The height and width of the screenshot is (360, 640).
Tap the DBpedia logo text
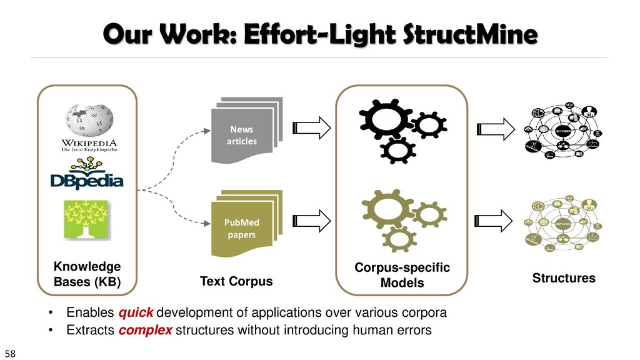tap(87, 181)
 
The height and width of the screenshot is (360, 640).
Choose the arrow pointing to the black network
tap(495, 129)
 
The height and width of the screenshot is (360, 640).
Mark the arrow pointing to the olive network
tap(495, 221)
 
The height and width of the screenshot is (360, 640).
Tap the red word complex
tap(145, 330)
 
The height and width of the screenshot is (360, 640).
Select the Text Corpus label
tap(236, 281)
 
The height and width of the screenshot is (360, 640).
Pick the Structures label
tap(564, 277)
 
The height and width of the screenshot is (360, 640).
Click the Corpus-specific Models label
tap(402, 275)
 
